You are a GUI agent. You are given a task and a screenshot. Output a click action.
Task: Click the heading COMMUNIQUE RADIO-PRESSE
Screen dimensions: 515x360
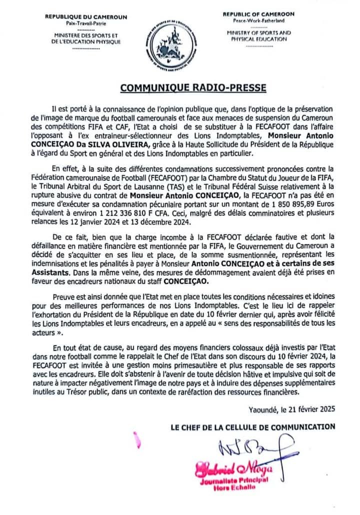coord(193,88)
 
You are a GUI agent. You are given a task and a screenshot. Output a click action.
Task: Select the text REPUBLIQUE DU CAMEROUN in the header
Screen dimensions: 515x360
coord(86,17)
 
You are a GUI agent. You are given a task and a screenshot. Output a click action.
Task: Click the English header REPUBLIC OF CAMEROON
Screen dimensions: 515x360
coord(258,14)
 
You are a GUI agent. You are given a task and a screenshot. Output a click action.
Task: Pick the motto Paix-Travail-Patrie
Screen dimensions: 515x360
coord(85,23)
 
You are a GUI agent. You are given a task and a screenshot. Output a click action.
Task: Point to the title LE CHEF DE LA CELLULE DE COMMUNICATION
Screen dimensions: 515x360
coord(253,426)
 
